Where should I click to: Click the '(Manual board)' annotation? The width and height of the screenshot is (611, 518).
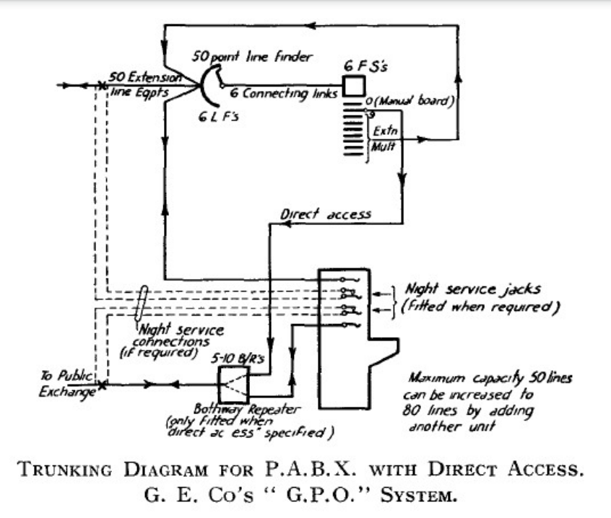(412, 101)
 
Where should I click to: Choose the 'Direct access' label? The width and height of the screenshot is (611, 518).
(325, 214)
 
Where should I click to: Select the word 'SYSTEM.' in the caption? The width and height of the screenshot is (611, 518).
(423, 499)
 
